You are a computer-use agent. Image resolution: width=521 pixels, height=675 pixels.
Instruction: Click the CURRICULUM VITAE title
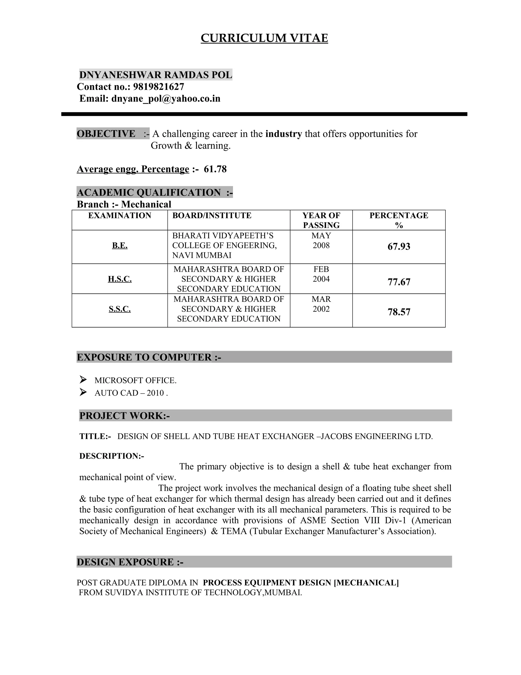point(264,38)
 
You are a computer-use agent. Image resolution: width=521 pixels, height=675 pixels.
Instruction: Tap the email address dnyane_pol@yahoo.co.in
point(166,99)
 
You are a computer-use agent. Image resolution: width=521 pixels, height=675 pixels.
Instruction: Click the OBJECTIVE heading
point(106,134)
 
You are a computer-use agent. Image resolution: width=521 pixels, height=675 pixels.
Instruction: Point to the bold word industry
point(283,134)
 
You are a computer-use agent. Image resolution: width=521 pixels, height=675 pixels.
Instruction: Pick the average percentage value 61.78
point(215,169)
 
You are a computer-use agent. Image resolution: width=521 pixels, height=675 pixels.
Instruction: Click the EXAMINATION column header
point(120,215)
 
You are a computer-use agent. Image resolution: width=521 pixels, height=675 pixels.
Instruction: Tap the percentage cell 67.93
point(399,247)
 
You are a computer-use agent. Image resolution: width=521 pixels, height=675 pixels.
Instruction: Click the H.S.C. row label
point(120,279)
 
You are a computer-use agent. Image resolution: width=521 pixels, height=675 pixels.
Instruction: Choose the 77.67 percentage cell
point(399,282)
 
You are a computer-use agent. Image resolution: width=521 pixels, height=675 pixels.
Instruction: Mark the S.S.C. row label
point(120,309)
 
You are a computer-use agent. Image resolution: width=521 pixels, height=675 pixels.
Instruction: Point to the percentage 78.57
point(399,312)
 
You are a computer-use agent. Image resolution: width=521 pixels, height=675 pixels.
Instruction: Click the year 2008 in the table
point(321,245)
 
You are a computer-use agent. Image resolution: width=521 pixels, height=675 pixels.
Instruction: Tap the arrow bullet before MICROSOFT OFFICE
point(83,379)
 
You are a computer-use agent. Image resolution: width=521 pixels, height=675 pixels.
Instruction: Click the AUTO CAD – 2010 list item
point(131,393)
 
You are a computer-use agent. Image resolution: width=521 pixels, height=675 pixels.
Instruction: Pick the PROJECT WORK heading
point(124,416)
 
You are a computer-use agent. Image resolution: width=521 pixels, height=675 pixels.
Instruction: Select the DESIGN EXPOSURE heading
point(130,562)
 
